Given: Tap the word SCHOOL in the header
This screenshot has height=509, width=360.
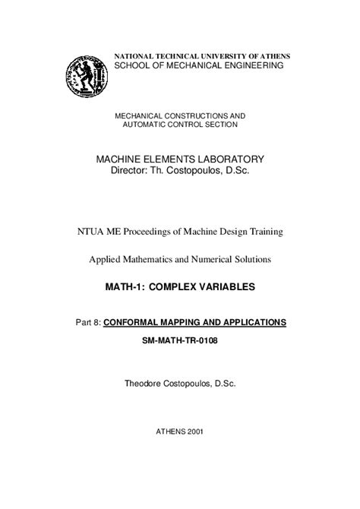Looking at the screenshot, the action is [132, 67].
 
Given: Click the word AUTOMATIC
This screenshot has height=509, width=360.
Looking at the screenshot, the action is [146, 124].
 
